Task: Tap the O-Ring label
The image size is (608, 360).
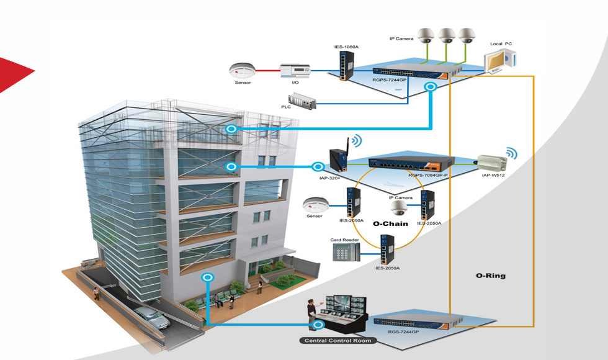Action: pos(490,275)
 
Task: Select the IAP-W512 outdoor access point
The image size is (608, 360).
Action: pos(492,162)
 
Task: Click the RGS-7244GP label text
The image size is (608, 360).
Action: pos(403,333)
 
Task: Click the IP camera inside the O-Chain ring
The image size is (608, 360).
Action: pos(398,207)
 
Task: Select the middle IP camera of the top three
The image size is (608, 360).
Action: pos(446,35)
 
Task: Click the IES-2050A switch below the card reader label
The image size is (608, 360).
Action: pos(387,249)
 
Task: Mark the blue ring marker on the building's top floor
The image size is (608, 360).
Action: pos(231,128)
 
